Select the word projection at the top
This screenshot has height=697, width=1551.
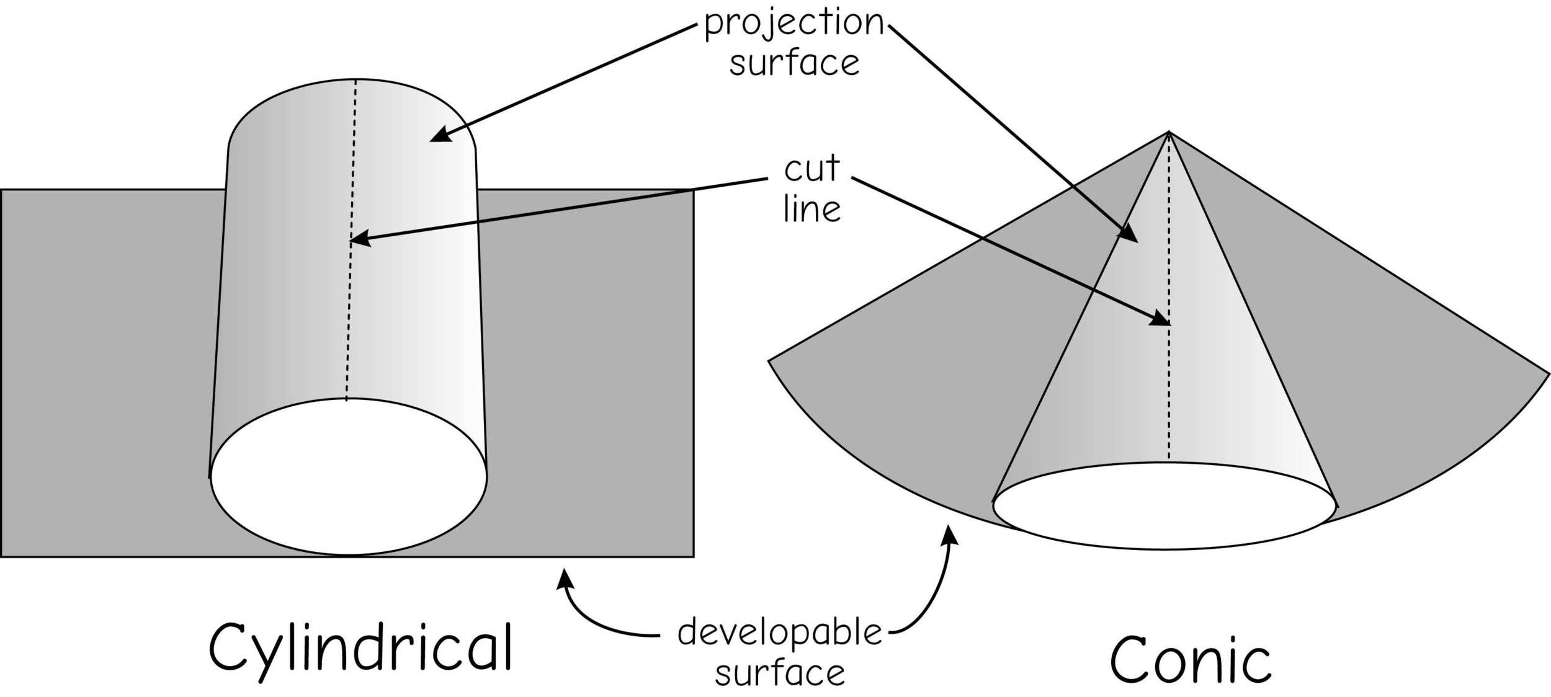[x=793, y=24]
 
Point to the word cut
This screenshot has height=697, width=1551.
[x=811, y=169]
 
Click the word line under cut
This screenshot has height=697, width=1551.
[x=811, y=209]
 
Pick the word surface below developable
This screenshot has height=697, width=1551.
[x=779, y=673]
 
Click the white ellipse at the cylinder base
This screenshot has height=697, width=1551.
[x=349, y=477]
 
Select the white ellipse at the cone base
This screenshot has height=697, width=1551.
[x=1164, y=505]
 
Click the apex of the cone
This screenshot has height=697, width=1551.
[x=1169, y=132]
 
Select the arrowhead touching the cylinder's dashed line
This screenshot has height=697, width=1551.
[x=360, y=239]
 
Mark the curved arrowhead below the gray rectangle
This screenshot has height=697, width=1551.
[x=564, y=580]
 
